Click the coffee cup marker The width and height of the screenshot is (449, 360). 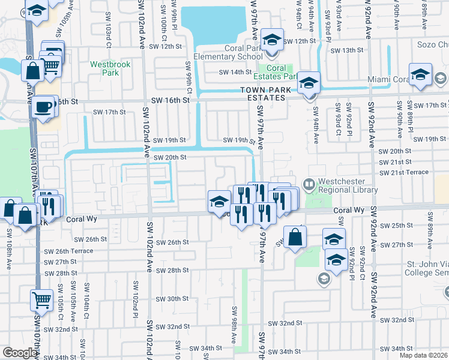pyautogui.click(x=41, y=107)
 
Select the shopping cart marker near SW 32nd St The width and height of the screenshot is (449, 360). pyautogui.click(x=41, y=298)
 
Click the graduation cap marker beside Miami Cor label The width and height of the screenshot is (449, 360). pyautogui.click(x=421, y=74)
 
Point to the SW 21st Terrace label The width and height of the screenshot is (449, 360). pyautogui.click(x=403, y=172)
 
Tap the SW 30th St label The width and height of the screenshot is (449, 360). pyautogui.click(x=172, y=299)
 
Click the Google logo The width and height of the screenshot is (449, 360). pyautogui.click(x=20, y=353)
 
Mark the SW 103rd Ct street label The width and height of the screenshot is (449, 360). pyautogui.click(x=108, y=36)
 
